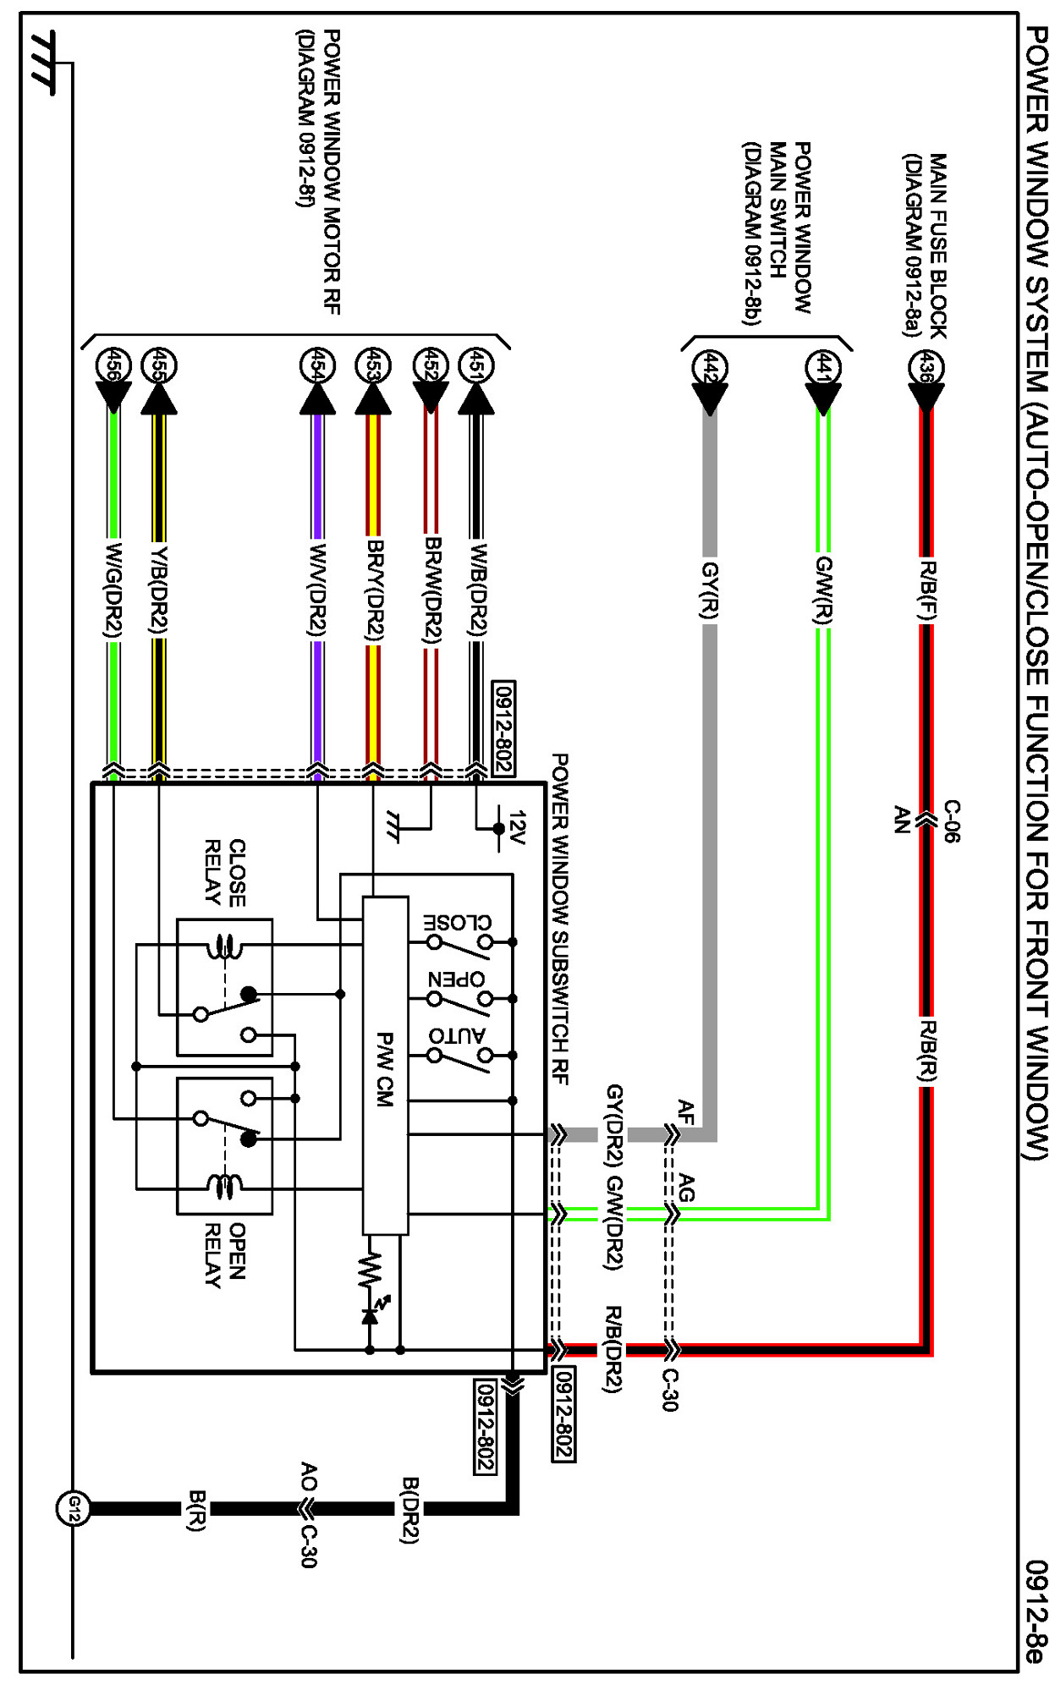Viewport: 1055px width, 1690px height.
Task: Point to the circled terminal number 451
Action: point(475,366)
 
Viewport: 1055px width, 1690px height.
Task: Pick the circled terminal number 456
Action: point(113,366)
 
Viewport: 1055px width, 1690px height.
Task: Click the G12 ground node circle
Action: point(73,1507)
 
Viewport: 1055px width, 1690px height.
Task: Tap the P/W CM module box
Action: point(385,1066)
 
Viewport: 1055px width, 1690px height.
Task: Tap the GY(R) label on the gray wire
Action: point(710,590)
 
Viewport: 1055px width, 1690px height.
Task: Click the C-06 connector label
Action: point(951,820)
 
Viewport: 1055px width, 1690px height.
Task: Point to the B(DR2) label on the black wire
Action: point(409,1510)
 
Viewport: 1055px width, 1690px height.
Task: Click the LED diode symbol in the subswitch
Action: point(370,1316)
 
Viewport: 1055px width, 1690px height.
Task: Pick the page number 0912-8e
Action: point(1036,1611)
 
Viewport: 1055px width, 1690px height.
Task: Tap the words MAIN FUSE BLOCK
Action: point(938,245)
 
